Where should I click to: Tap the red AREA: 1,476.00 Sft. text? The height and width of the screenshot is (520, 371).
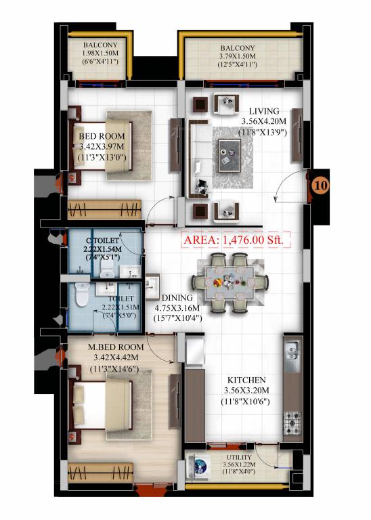tap(236, 239)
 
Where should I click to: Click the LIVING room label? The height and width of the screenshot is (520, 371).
tap(263, 111)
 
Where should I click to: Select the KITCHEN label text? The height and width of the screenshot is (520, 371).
tap(246, 381)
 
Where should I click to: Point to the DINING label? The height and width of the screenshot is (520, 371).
tap(177, 297)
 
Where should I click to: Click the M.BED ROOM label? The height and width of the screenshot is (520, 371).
tap(112, 348)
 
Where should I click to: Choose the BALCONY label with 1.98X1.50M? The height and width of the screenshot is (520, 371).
tap(100, 45)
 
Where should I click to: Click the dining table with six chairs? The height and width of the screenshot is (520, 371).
tap(226, 279)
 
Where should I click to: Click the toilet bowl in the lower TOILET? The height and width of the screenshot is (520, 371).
tap(81, 297)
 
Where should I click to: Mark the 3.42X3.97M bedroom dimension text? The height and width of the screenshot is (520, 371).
tap(103, 146)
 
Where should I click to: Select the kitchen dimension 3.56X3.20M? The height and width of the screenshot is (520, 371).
tap(246, 391)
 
